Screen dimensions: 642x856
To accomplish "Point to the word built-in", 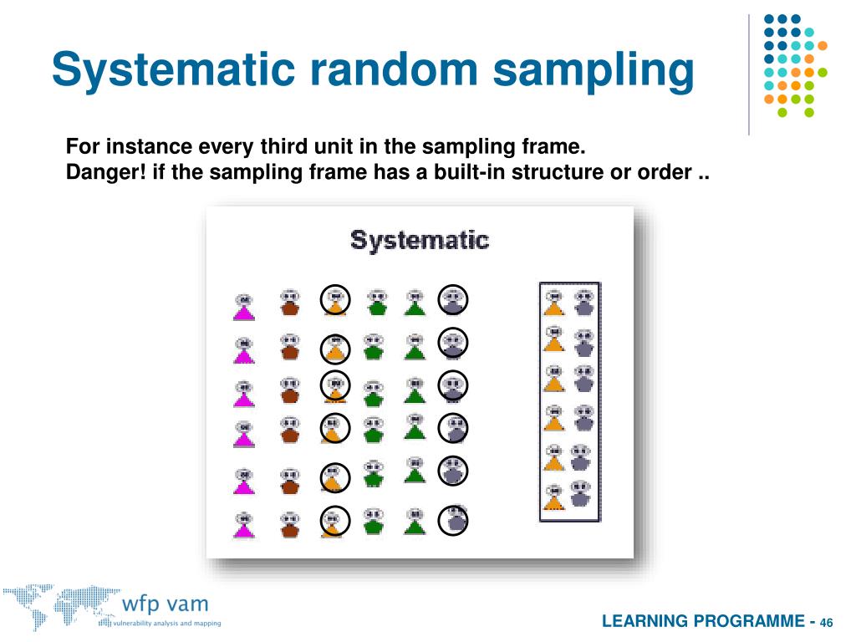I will pos(466,173).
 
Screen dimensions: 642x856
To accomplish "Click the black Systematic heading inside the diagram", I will pos(419,241).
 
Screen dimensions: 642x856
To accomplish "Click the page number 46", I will pos(827,623).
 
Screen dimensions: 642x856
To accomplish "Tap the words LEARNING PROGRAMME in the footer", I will pos(704,621).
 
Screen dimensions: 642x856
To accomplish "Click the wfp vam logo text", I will pos(165,604).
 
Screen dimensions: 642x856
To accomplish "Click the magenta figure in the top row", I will pos(243,307).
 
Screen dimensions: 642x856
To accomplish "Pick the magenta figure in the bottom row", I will pos(243,524).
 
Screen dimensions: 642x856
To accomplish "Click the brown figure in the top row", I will pos(289,303).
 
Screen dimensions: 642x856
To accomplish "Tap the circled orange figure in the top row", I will pos(335,301).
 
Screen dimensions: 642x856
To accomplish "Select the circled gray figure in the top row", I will pos(453,300).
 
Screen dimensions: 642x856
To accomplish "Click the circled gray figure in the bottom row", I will pos(454,519).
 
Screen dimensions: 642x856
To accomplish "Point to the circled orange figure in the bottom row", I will pos(334,521).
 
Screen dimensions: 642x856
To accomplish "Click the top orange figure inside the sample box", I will pos(553,302).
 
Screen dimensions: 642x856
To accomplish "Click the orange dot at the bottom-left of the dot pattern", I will pos(768,98).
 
